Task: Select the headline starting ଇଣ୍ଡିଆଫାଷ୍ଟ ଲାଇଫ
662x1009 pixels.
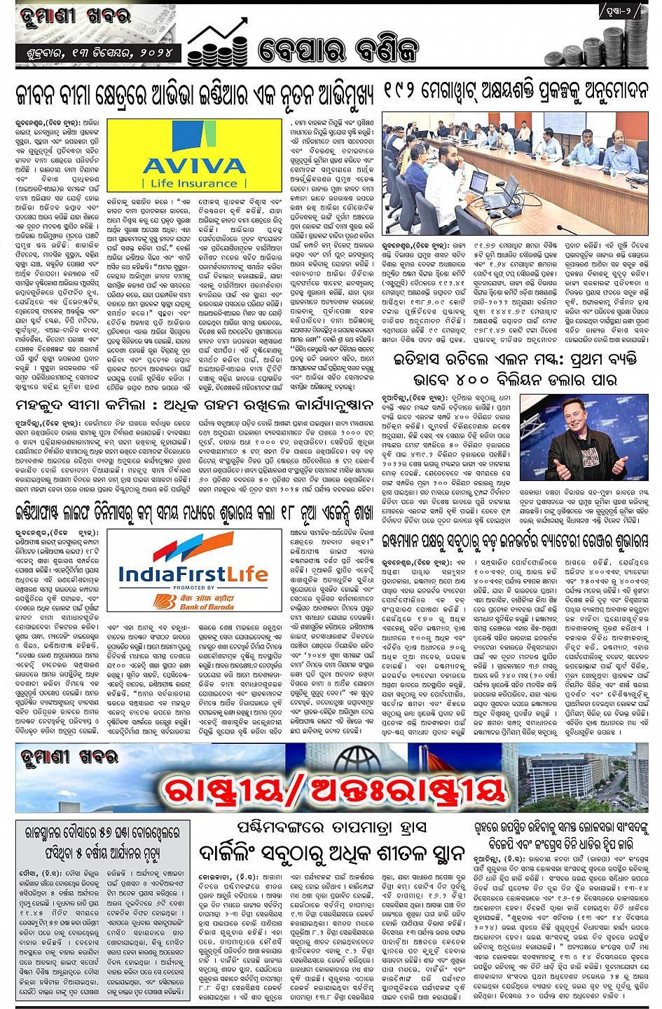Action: pyautogui.click(x=196, y=513)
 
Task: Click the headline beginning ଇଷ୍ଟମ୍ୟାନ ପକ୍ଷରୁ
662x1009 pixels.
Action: pyautogui.click(x=514, y=540)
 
